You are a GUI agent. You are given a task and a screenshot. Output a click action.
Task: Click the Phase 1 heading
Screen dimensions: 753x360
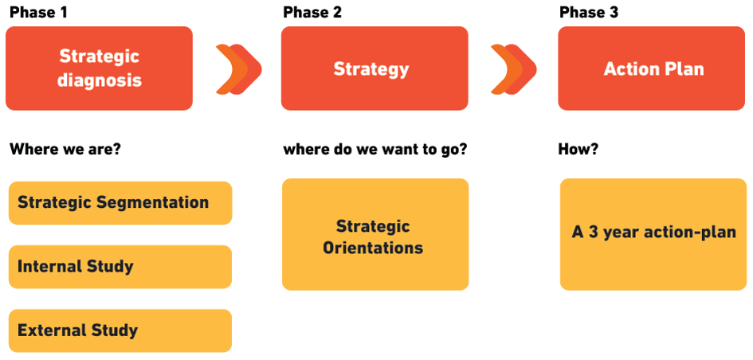pos(38,12)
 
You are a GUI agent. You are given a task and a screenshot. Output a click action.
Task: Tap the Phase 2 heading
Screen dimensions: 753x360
pos(312,12)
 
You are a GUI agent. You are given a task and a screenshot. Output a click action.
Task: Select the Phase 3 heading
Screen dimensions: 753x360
pos(589,12)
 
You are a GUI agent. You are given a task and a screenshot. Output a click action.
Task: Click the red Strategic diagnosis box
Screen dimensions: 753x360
pos(100,68)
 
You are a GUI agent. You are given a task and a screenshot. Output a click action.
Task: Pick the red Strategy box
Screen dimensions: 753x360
pos(375,68)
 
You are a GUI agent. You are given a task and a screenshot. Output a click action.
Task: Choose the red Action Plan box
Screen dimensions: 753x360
pos(652,68)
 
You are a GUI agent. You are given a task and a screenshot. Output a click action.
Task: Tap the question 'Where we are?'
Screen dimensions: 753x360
pos(65,149)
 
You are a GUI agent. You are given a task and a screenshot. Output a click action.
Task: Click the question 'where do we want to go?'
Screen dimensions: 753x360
pos(375,149)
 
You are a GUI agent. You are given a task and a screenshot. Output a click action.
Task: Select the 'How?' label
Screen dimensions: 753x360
pos(578,149)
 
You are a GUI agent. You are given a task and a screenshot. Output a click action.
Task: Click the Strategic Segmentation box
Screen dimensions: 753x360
pos(120,202)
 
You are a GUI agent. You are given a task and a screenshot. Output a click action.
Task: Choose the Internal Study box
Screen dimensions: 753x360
pos(120,267)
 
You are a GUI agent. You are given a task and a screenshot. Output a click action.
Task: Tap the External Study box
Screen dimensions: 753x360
pos(120,331)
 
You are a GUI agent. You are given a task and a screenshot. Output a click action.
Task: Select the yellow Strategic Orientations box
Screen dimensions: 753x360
pos(375,234)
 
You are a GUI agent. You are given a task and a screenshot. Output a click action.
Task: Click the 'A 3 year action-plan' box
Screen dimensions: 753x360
pos(653,234)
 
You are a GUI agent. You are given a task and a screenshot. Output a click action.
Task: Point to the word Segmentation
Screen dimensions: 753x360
pos(153,203)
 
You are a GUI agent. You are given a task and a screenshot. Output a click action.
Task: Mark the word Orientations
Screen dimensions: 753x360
pos(373,248)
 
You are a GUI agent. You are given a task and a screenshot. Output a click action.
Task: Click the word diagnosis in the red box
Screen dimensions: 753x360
pos(100,80)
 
